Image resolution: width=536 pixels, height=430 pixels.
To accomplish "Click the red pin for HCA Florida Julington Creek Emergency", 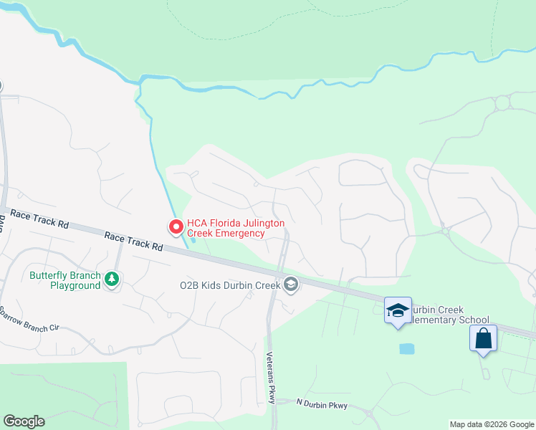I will coord(176,226).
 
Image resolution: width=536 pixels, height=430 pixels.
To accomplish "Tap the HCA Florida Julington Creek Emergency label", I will coord(235,228).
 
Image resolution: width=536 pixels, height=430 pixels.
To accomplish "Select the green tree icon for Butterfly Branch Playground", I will coord(111,278).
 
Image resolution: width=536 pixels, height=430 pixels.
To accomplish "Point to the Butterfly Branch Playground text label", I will coord(65,280).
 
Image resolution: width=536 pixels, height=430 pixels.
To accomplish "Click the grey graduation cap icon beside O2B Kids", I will coord(290,285).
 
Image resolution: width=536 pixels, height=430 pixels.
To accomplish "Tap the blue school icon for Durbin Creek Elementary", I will coord(398,310).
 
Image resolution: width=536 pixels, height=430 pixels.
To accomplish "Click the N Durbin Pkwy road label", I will coord(322,405).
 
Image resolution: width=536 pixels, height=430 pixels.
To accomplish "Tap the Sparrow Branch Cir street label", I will coord(29,320).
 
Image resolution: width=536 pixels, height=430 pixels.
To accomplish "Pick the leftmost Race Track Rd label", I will coord(39,219).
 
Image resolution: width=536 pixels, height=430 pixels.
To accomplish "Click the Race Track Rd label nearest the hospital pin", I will coord(133,240).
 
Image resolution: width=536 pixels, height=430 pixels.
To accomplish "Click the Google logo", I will coord(24,421).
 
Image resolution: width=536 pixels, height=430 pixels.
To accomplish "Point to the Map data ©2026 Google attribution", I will coord(492,424).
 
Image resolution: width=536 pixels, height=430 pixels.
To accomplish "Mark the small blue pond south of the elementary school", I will coord(406,349).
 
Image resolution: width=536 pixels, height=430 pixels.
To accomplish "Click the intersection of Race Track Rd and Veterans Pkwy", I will coord(278,273).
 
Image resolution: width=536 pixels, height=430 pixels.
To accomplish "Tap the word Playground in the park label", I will coord(75,285).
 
